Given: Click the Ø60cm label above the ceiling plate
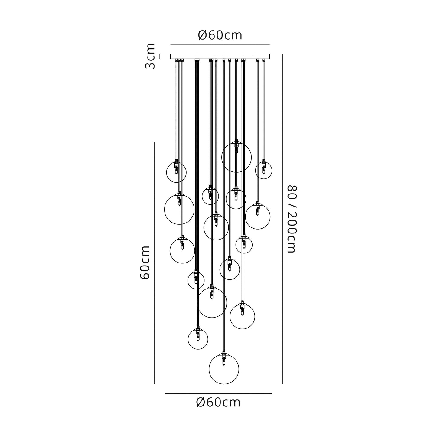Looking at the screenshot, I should point(220,35).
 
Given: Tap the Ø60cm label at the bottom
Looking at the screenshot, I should point(218,403).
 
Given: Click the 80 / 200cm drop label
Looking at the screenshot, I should point(292,219).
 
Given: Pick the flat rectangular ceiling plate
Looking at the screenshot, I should point(220,56).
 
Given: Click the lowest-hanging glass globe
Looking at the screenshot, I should point(224,369).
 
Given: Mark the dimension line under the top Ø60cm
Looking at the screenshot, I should point(220,45).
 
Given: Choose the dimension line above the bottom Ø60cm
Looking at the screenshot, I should point(218,393).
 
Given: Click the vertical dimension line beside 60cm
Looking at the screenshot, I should point(155,263).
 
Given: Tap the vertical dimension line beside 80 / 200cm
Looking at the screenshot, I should point(282,219).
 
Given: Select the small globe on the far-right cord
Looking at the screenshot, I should point(263,170).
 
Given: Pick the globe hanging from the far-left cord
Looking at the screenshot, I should point(176,172).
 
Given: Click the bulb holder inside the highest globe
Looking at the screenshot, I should point(236,146).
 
